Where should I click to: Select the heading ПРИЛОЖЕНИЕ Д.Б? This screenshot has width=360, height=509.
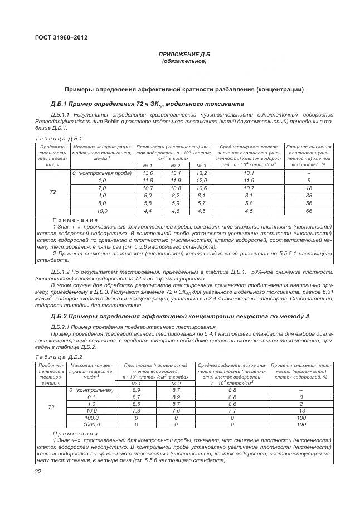184,55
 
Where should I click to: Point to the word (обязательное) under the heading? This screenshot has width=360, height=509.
184,61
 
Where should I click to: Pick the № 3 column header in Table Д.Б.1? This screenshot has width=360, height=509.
201,166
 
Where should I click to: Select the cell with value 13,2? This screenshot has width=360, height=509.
201,173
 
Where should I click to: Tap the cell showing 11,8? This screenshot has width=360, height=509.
148,181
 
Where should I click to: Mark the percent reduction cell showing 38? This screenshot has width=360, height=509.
309,196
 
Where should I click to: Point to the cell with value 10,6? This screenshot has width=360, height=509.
201,188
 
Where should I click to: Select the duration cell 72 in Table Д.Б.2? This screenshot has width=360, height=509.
51,407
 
